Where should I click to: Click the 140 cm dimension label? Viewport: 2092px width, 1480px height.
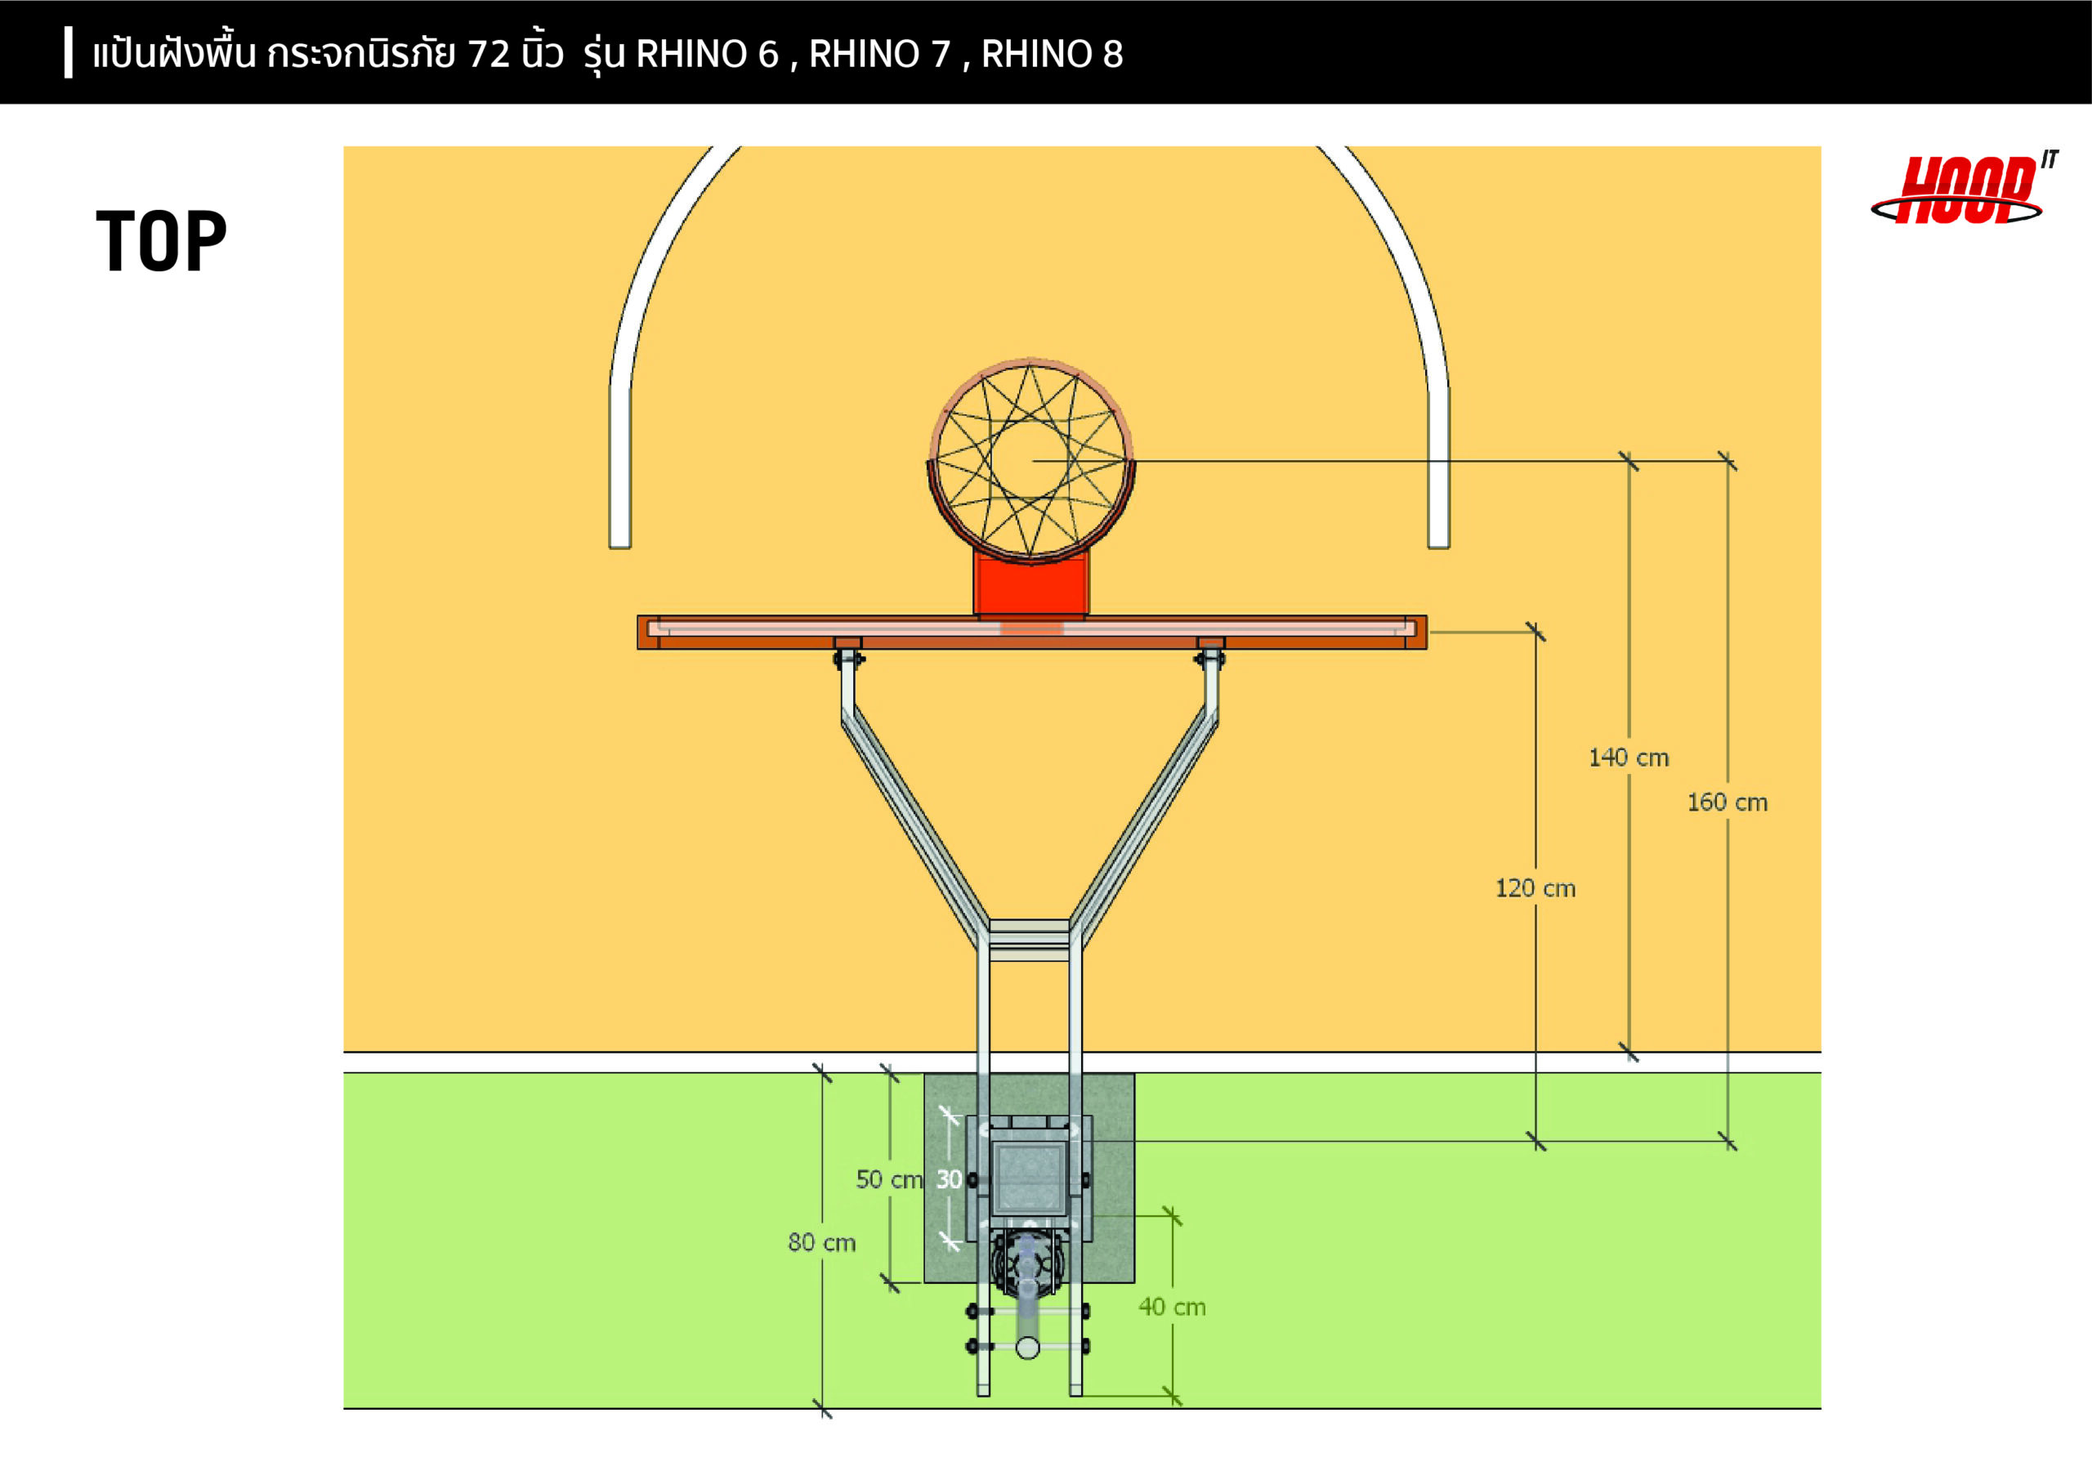click(x=1628, y=758)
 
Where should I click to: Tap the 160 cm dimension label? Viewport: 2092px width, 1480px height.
click(x=1727, y=802)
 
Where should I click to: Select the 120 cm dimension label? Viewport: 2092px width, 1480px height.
click(x=1535, y=888)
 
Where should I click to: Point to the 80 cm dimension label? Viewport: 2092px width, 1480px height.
click(x=821, y=1242)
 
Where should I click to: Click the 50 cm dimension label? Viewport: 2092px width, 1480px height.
click(x=888, y=1179)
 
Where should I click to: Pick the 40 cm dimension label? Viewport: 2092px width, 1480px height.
click(x=1172, y=1307)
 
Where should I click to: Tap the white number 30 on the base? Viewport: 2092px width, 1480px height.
click(x=950, y=1179)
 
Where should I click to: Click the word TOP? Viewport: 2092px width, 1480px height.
click(x=161, y=242)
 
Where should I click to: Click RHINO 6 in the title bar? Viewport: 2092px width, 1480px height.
click(x=707, y=55)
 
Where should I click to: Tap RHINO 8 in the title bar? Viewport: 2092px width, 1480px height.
click(x=1052, y=55)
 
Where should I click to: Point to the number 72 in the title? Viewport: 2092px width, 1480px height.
click(x=489, y=55)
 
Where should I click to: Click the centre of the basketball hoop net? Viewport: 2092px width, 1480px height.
click(x=1030, y=460)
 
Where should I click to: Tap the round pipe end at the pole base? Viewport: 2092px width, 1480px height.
click(x=1028, y=1347)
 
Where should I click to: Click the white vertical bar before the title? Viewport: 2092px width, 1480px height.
click(x=69, y=53)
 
